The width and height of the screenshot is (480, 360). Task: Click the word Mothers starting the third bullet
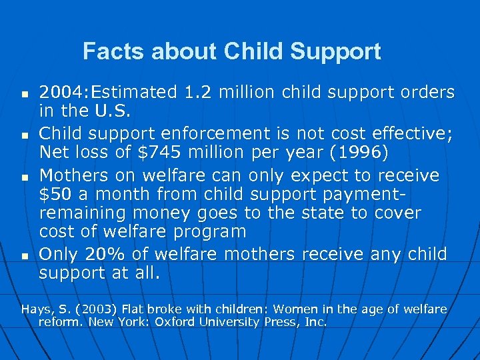pyautogui.click(x=73, y=175)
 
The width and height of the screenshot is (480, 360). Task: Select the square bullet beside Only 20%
pyautogui.click(x=23, y=256)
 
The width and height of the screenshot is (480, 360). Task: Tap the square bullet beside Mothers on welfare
pyautogui.click(x=23, y=178)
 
